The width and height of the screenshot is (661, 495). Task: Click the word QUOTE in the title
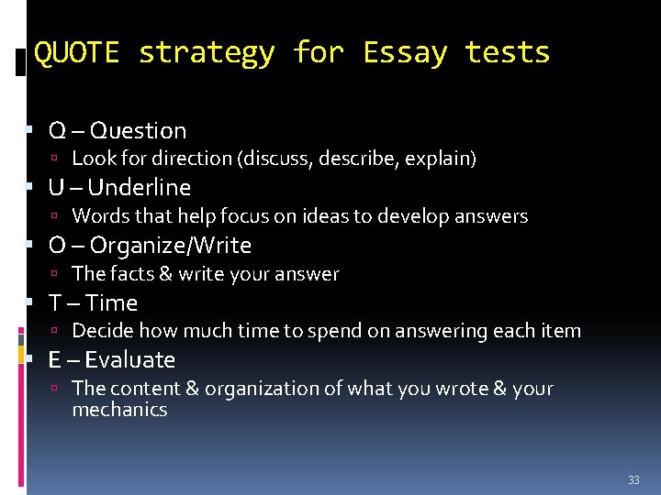(x=76, y=53)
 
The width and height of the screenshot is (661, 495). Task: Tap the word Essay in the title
(x=404, y=53)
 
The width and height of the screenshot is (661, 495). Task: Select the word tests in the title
(x=507, y=53)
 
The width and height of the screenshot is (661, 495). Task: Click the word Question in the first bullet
(x=139, y=131)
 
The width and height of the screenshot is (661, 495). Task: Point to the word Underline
(x=140, y=188)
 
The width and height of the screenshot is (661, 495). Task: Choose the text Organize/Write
(x=171, y=246)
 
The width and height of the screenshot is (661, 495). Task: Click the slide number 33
(x=633, y=480)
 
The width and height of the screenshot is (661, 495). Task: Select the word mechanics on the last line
(x=119, y=410)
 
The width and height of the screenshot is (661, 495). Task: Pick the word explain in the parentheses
(x=444, y=159)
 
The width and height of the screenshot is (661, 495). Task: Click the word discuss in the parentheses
(x=275, y=159)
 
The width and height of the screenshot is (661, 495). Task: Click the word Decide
(x=100, y=331)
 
